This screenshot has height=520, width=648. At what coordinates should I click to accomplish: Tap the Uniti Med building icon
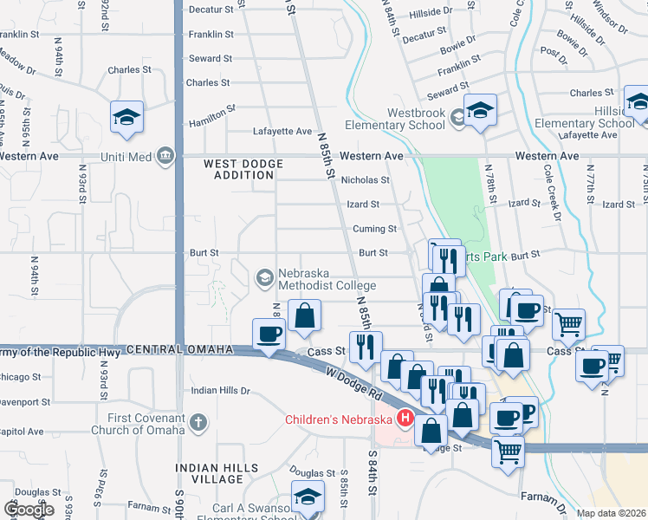165,156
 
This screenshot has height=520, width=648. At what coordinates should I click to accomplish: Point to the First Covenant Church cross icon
198,423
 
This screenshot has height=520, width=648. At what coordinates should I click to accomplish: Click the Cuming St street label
374,229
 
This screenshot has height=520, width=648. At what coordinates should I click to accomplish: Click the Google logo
29,510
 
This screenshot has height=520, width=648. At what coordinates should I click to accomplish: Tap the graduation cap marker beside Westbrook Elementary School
479,111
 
